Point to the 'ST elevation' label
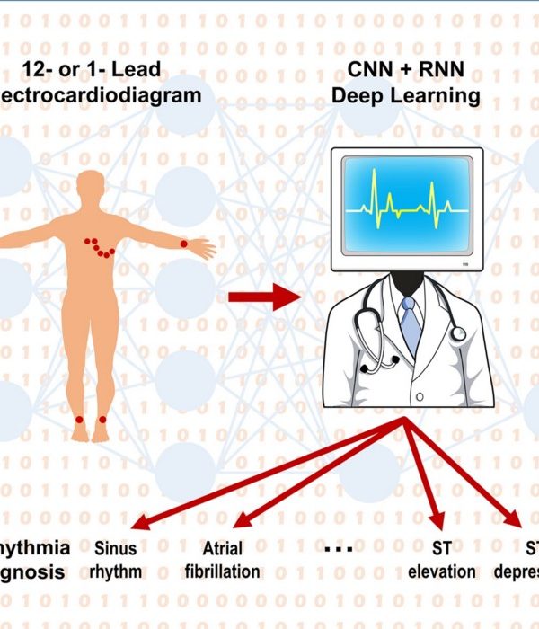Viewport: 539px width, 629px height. tap(441, 558)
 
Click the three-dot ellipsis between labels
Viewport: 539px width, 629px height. tap(337, 548)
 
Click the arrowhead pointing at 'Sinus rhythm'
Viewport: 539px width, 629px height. tap(136, 524)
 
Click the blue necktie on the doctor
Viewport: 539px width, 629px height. tap(411, 323)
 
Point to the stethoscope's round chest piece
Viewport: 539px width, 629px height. tap(458, 333)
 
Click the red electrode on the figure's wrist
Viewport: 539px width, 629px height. tap(183, 244)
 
